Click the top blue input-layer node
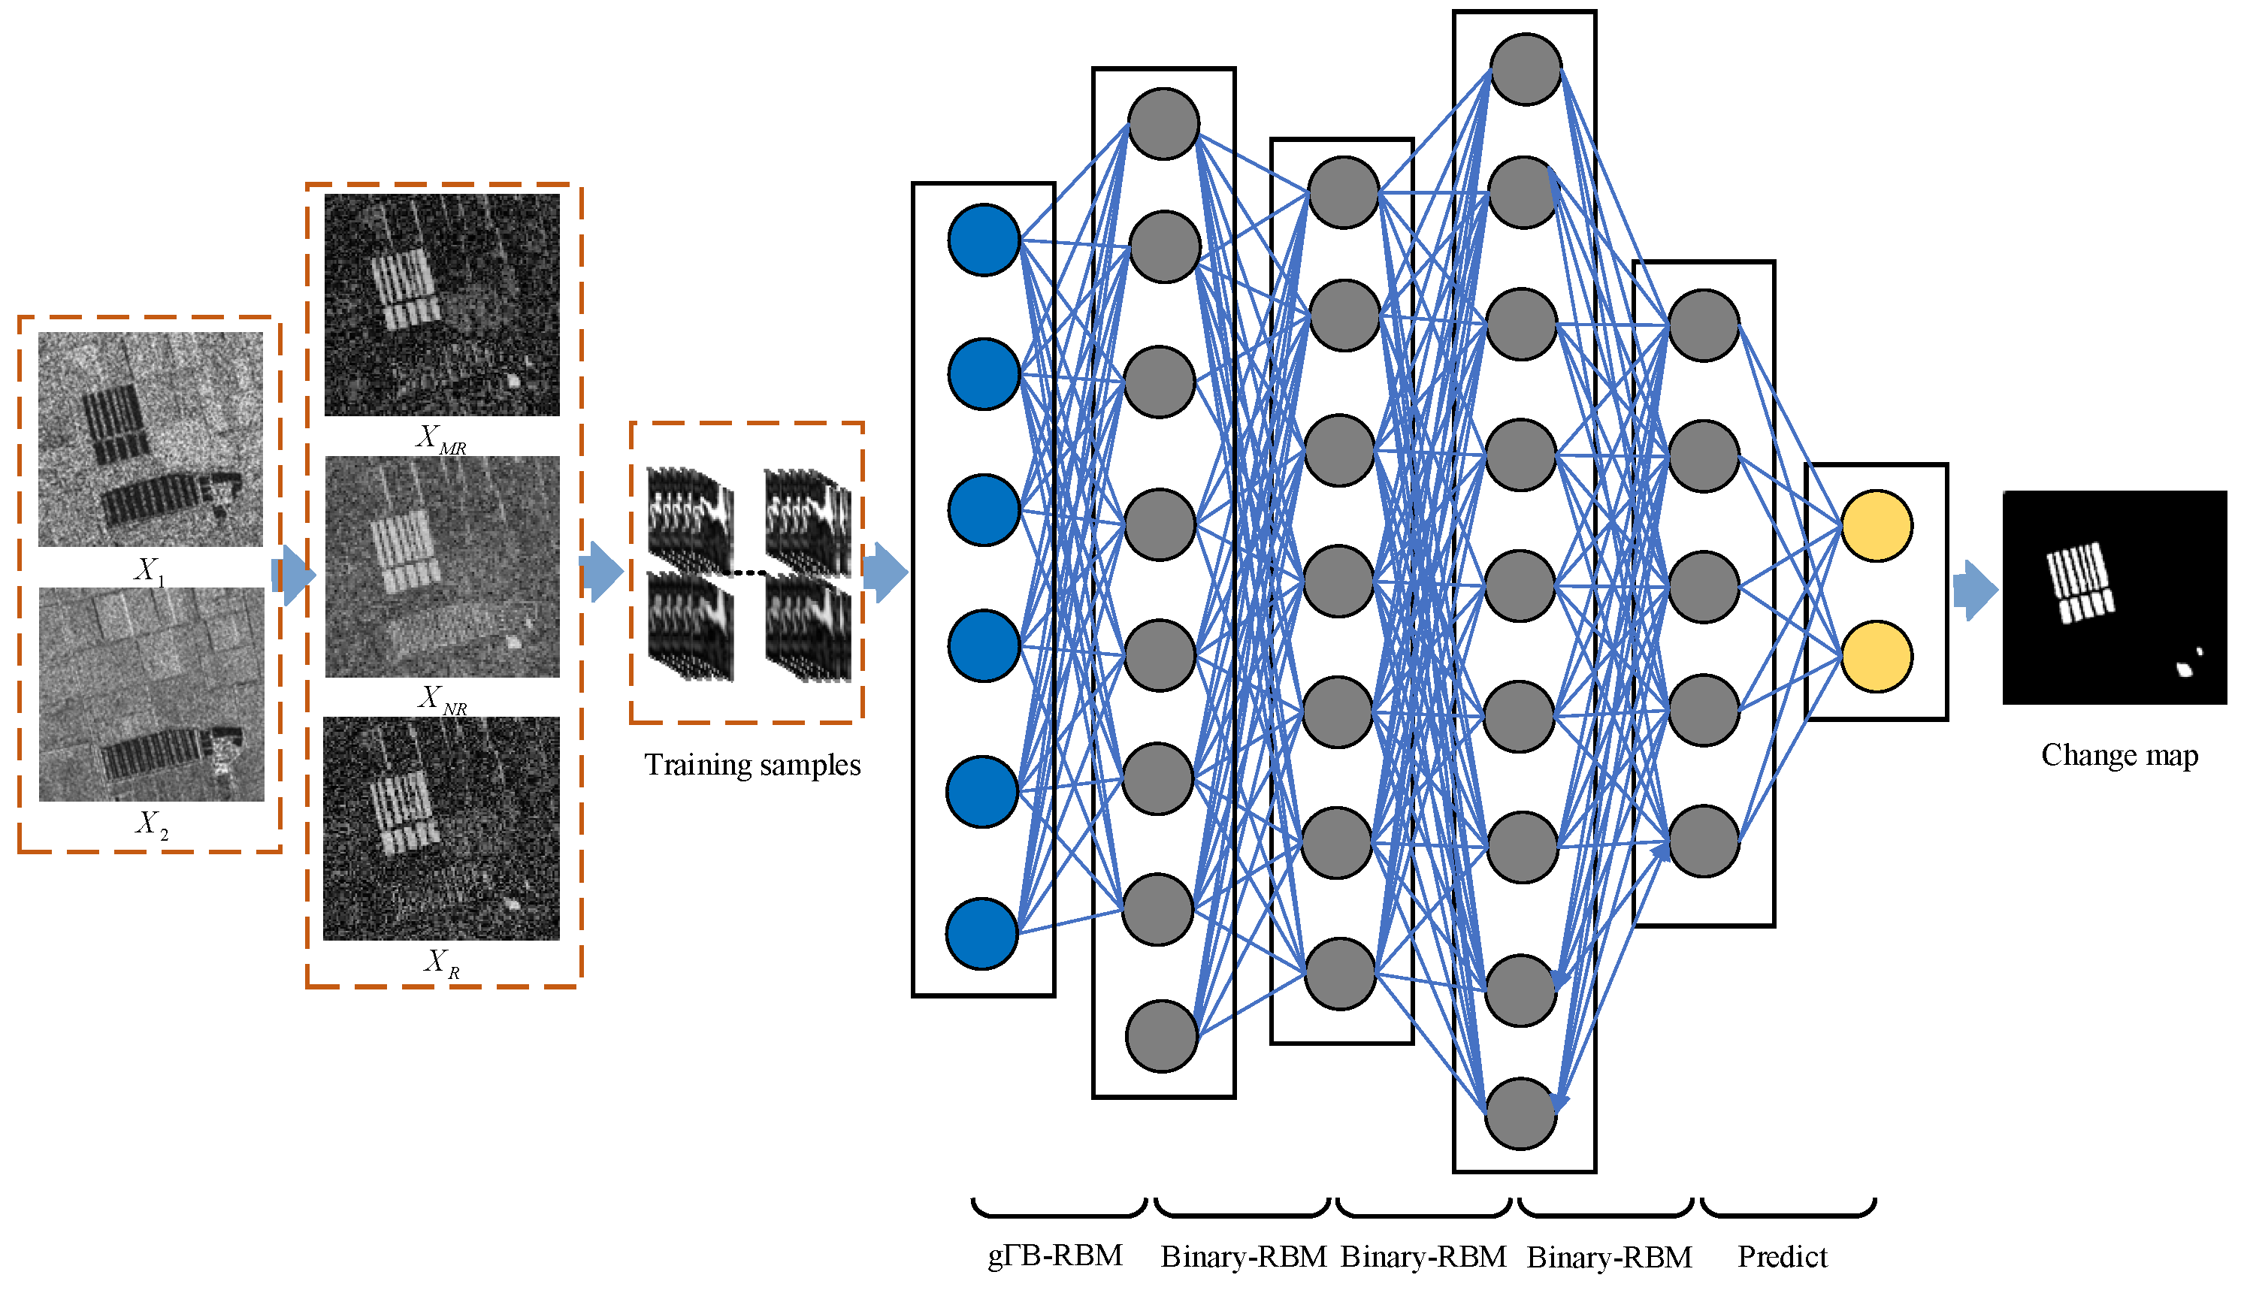coord(984,240)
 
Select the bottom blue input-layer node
coord(981,934)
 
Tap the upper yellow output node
coord(1877,526)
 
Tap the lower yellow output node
coord(1877,657)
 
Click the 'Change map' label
coord(2119,756)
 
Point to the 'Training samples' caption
coord(752,765)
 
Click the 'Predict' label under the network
coord(1783,1256)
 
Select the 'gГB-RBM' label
coord(1055,1256)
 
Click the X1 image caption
coord(149,569)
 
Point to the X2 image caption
coord(150,825)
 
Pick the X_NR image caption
coord(442,699)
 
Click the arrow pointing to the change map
coord(1976,590)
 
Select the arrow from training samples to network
coord(885,572)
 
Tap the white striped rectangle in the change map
coord(2079,583)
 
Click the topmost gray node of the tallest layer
coord(1525,69)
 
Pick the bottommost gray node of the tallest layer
coord(1520,1113)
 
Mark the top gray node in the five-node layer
coord(1703,325)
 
